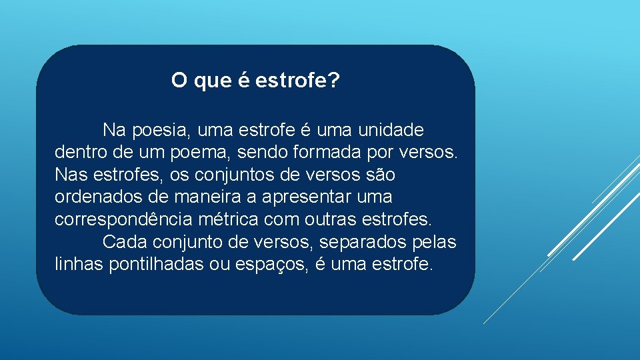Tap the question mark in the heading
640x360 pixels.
pyautogui.click(x=335, y=81)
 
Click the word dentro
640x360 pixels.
pyautogui.click(x=76, y=152)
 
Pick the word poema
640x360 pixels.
pyautogui.click(x=199, y=152)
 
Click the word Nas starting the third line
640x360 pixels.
pyautogui.click(x=69, y=175)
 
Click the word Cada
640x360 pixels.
pyautogui.click(x=124, y=241)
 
